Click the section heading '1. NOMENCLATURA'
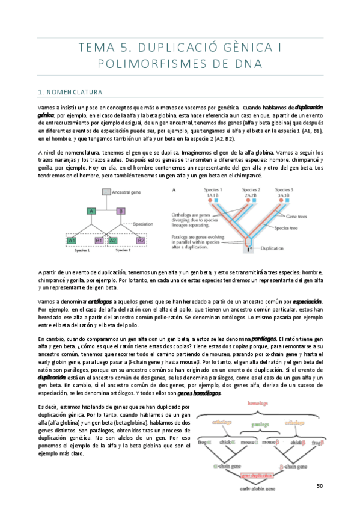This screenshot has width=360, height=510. click(70, 92)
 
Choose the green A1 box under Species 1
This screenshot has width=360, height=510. click(72, 240)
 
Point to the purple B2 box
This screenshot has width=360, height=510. click(141, 240)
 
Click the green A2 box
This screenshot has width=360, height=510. click(112, 240)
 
